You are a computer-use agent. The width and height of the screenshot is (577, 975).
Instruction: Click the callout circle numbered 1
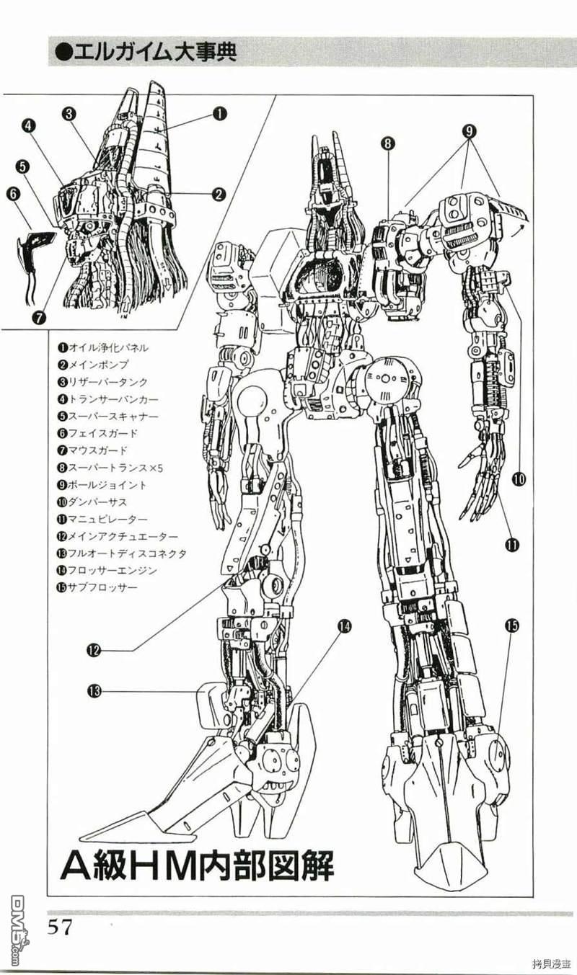[x=220, y=114]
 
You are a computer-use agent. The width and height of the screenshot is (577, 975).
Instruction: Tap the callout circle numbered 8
[x=387, y=143]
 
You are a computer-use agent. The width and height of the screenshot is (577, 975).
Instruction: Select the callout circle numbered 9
[x=469, y=131]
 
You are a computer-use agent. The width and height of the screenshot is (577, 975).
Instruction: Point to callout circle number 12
[x=94, y=650]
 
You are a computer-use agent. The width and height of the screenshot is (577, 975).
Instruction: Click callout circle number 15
[x=511, y=626]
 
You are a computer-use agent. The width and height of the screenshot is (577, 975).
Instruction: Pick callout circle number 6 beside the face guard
[x=14, y=194]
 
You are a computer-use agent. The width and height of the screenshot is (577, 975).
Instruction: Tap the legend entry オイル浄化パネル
[x=102, y=348]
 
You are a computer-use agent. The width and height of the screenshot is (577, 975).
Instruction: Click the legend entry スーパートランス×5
[x=110, y=468]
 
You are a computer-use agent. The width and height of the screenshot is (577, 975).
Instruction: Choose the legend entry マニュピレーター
[x=102, y=519]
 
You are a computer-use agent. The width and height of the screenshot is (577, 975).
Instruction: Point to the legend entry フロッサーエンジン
[x=107, y=570]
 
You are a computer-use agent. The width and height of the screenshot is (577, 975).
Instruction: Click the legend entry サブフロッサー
[x=97, y=587]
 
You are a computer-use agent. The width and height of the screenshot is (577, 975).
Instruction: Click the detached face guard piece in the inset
[x=36, y=252]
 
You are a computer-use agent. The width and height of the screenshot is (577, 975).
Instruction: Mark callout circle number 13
[x=94, y=691]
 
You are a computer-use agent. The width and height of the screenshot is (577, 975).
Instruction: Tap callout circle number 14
[x=344, y=626]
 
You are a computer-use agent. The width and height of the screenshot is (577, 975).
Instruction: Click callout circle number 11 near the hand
[x=511, y=544]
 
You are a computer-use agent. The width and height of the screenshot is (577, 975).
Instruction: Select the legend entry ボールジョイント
[x=102, y=485]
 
